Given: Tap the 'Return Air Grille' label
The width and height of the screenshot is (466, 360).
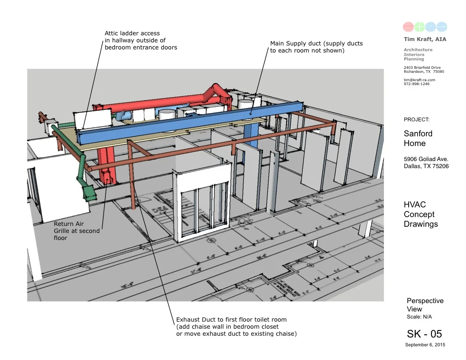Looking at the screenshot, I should (77, 231).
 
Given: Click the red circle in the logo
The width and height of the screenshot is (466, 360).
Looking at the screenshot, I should (409, 27).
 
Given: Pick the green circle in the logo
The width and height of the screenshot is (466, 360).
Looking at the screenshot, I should (420, 27).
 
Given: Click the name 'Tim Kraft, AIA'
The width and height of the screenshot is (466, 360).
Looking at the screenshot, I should (425, 40).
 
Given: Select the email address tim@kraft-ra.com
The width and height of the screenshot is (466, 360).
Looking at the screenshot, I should (419, 80).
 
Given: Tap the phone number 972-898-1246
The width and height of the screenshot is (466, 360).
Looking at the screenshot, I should (416, 84).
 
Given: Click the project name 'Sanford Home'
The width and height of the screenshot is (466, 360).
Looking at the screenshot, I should (418, 138).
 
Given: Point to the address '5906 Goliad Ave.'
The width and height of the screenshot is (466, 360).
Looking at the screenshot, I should (426, 159).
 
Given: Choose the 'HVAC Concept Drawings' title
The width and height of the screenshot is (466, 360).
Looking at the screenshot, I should (421, 214).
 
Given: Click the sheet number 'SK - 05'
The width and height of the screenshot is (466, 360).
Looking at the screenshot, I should (424, 334).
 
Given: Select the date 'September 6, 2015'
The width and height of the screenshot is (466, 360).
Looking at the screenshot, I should (425, 345).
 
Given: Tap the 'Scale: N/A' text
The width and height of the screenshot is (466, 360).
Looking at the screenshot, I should (419, 317).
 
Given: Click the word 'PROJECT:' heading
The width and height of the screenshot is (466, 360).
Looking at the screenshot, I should (416, 120).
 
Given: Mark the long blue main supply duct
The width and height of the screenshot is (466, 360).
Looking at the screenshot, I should (190, 121).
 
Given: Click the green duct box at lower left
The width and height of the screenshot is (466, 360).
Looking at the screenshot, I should (90, 191).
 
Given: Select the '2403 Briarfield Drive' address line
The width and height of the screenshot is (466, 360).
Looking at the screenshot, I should (422, 67).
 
